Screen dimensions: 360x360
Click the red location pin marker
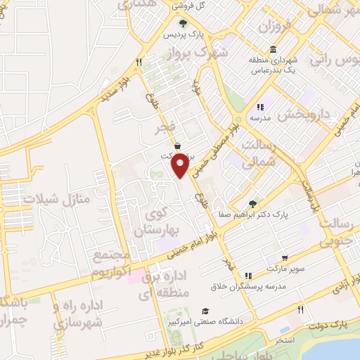click(180, 166)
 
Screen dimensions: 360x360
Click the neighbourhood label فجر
click(165, 128)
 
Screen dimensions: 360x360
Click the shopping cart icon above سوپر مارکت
click(284, 258)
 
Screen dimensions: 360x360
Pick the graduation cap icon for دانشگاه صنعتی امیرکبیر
click(205, 310)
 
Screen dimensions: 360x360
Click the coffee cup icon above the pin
click(178, 145)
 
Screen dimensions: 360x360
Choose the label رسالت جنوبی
click(336, 233)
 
